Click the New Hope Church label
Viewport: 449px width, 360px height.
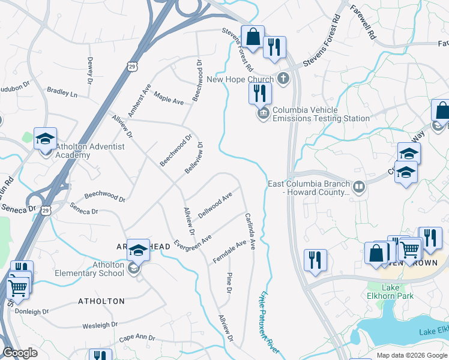click(x=240, y=79)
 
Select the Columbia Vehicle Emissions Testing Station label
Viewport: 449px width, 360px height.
click(x=321, y=114)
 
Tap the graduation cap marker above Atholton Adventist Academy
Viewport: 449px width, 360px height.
click(x=46, y=139)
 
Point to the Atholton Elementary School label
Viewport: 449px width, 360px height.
click(x=108, y=269)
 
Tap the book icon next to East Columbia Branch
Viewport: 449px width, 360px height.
click(x=359, y=188)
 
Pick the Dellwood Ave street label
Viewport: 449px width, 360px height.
click(x=215, y=206)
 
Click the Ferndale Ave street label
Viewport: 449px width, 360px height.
click(x=229, y=252)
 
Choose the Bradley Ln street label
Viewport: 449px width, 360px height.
click(x=62, y=93)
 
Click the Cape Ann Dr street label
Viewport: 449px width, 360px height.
click(x=137, y=338)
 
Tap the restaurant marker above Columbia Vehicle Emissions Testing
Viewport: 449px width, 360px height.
click(x=260, y=93)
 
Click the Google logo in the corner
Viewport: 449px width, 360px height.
click(x=20, y=353)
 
